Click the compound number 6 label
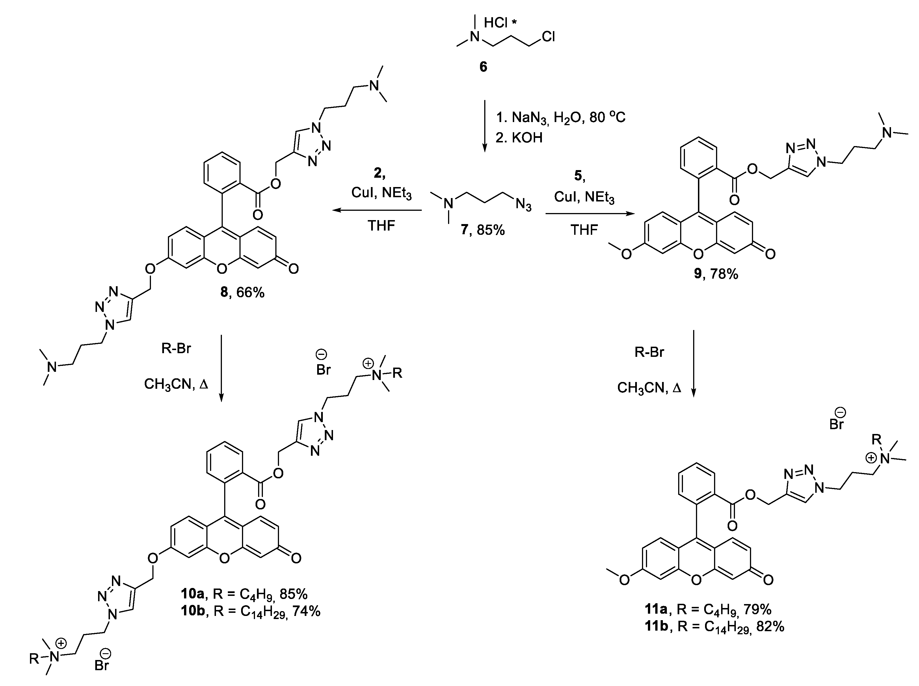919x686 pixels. point(483,67)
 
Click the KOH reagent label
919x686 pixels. point(527,137)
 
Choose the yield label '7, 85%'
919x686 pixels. point(483,230)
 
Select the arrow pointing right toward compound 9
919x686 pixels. point(590,214)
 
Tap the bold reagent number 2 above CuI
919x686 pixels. point(379,173)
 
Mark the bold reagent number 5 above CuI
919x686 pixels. point(579,176)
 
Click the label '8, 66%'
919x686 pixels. point(242,292)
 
